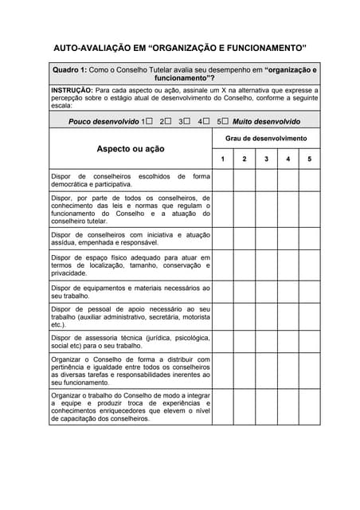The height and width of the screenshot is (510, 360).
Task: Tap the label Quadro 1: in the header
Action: (69, 70)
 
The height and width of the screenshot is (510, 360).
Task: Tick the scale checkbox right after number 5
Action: (225, 122)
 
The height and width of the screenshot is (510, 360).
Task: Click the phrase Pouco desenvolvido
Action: (104, 122)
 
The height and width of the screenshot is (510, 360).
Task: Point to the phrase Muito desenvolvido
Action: (266, 122)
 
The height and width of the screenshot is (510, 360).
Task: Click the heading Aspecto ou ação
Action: (131, 149)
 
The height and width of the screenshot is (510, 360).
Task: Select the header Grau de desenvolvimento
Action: (266, 139)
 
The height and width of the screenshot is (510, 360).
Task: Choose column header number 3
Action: (266, 159)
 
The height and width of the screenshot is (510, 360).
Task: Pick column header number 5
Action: (310, 159)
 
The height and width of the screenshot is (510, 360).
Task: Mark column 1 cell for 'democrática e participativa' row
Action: (223, 180)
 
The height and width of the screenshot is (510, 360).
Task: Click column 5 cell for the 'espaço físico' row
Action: (310, 265)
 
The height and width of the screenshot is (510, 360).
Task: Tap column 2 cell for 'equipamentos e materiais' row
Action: (245, 292)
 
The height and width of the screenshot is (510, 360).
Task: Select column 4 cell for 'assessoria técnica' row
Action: (288, 342)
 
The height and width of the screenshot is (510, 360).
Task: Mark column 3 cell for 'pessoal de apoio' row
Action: (266, 316)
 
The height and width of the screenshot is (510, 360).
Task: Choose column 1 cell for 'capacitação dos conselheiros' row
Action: (223, 407)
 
